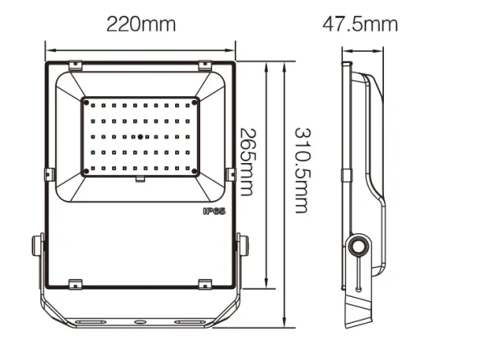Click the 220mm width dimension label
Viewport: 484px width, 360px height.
click(140, 23)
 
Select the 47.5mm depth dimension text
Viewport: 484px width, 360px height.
click(361, 23)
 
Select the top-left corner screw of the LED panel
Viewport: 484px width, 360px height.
click(86, 103)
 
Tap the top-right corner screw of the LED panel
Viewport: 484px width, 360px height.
click(194, 103)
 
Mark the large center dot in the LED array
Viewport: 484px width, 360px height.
click(140, 137)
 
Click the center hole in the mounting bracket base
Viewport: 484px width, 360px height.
click(140, 321)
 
